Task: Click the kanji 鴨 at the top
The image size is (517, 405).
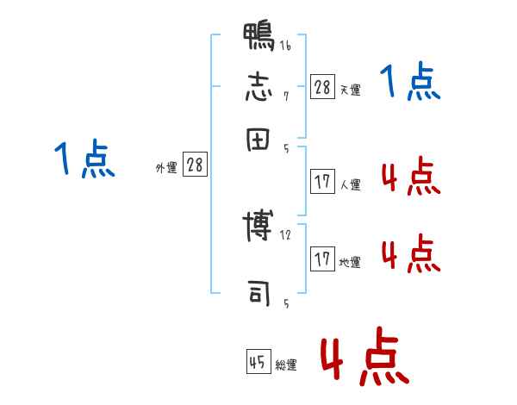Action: [259, 38]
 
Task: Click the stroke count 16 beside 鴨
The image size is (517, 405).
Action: [285, 46]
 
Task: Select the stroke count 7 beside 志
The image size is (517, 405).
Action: [286, 97]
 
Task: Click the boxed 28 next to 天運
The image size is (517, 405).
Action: [322, 87]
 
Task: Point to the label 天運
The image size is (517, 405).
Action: [350, 90]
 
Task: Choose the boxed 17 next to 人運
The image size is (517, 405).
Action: [322, 182]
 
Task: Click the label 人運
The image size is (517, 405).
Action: [350, 184]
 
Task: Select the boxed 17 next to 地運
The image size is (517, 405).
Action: [322, 259]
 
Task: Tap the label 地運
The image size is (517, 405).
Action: [350, 262]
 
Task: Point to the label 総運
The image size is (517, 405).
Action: [286, 365]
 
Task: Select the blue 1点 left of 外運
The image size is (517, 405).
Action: [84, 160]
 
